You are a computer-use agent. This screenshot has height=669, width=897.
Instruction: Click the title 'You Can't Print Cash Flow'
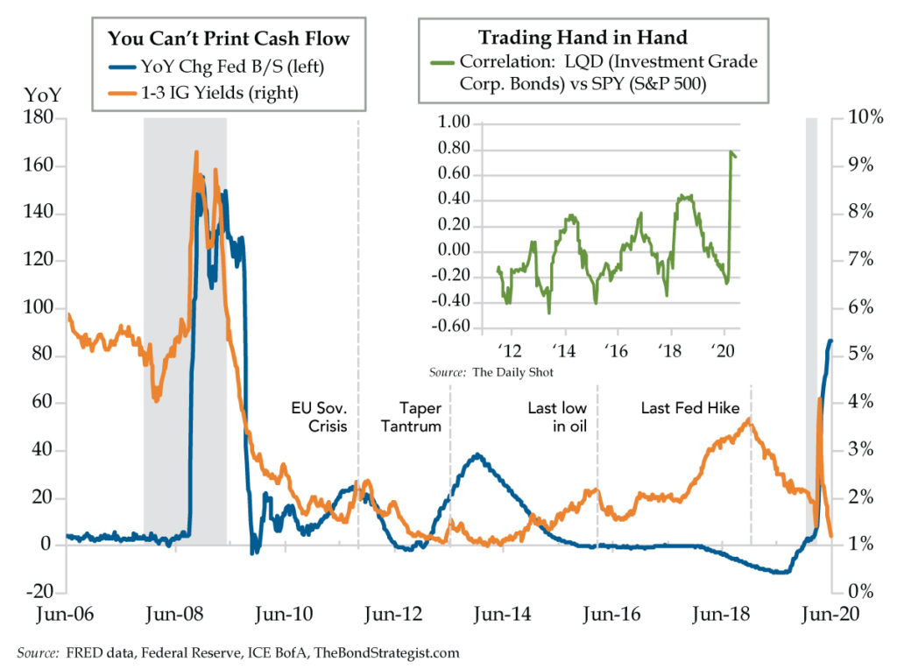click(x=227, y=39)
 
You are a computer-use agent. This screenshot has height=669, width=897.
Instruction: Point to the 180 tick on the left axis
click(x=39, y=118)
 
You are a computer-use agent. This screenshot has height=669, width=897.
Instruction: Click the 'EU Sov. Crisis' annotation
click(x=319, y=418)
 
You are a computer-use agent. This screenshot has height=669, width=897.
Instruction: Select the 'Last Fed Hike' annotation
click(x=690, y=408)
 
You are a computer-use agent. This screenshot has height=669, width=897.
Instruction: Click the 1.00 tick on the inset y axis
click(x=454, y=124)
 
